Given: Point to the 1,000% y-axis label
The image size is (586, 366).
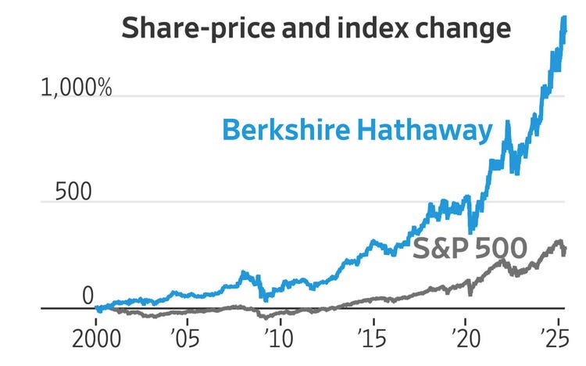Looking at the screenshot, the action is pos(77,88).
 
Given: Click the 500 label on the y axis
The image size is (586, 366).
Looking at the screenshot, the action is pos(73,192).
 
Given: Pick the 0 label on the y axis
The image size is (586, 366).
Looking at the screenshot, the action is pos(88,296).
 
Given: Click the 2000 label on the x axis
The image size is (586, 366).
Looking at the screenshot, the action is pos(96,339).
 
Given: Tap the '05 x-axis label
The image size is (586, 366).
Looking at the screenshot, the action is pos(186,339).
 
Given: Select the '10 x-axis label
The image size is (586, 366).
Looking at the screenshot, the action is pos(279,339).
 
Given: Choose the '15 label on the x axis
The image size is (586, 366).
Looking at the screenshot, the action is pos(372,339).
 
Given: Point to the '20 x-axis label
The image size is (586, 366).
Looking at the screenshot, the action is pos(466,339).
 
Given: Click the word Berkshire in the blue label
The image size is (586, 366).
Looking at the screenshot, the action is pos(286,130).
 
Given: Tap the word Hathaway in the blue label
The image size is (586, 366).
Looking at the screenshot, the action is pos(425,131).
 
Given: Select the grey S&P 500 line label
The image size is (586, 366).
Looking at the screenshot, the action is pos(470,248).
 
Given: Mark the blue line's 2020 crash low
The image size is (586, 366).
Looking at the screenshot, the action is pos(470,231).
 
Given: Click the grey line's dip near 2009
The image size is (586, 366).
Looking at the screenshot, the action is pos(266,318).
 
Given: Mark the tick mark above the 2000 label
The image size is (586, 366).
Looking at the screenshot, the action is pos(96,322).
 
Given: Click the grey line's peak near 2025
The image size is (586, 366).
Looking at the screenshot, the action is pos(559,242).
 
